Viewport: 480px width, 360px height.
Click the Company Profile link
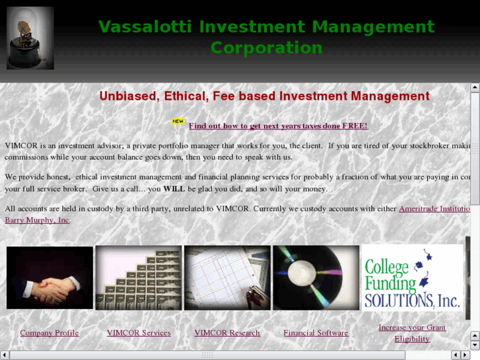coord(50,333)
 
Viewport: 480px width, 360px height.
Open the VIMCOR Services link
coord(139,333)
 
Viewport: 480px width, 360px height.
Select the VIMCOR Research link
coord(227,333)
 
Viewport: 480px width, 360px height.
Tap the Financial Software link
coord(316,333)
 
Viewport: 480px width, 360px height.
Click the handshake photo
coord(50,277)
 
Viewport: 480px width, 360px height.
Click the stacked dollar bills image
coord(139,277)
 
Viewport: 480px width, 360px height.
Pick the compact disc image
coord(316,277)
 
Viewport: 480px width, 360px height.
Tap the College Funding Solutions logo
coord(412,277)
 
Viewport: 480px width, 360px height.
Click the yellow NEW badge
coord(178,122)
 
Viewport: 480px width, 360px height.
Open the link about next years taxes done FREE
coord(278,126)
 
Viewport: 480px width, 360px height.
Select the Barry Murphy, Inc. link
coord(37,220)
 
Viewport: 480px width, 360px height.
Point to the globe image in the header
coord(30,38)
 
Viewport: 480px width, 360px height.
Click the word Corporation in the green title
coord(266,48)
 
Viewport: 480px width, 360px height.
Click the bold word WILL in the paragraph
coord(174,189)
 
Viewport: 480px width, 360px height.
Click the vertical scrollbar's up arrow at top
coord(475,87)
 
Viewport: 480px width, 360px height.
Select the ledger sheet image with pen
coord(227,277)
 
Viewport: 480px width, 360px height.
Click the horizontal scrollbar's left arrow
coord(5,355)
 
